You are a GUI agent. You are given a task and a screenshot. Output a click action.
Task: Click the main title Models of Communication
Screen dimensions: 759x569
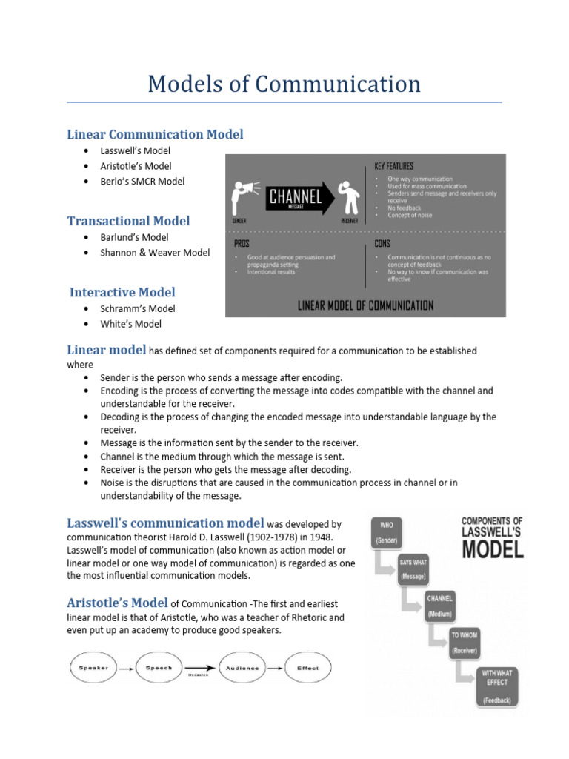284,84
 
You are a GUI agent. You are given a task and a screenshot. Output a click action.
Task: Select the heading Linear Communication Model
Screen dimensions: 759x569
155,134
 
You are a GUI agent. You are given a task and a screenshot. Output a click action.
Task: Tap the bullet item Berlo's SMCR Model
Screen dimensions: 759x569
142,182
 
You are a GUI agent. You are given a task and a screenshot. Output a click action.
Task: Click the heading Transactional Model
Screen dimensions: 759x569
128,221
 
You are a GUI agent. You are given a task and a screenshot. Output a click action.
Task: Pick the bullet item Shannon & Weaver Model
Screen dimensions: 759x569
155,253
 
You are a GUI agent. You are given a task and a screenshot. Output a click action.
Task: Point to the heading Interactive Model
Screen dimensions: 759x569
122,292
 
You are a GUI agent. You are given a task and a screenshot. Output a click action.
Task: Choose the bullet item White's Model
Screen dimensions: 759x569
130,324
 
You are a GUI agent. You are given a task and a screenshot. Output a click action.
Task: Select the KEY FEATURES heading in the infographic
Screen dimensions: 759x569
394,166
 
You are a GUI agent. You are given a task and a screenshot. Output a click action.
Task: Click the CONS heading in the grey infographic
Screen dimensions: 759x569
382,243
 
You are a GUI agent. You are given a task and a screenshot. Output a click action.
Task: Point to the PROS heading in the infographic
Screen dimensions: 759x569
242,243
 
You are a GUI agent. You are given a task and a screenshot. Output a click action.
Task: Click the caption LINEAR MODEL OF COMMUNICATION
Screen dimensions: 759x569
365,305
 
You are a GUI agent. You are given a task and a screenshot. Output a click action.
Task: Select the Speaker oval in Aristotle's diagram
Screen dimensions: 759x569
93,668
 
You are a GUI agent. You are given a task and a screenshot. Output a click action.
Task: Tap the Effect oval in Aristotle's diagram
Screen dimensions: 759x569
307,668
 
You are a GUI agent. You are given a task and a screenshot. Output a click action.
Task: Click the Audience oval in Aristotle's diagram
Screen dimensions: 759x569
243,668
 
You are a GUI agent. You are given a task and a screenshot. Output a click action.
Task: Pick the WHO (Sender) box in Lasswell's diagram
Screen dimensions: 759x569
387,532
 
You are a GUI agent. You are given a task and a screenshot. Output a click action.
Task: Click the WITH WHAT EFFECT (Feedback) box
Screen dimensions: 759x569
497,686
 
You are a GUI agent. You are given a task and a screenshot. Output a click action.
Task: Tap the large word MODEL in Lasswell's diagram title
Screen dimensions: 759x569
493,549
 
